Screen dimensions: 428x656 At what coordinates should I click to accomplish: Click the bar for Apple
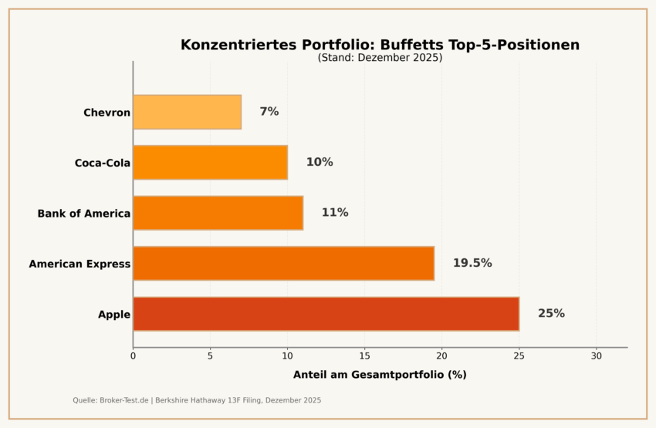point(326,314)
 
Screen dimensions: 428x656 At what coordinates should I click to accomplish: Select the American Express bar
point(283,264)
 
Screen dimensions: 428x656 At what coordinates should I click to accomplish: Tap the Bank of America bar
point(218,213)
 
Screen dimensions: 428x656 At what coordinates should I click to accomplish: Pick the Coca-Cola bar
point(210,163)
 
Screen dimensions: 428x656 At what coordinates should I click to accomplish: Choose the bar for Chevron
point(187,113)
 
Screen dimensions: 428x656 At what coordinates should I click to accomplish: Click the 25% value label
point(551,314)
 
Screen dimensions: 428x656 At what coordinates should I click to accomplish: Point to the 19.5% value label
point(472,264)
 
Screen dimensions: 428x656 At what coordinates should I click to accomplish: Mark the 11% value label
point(335,213)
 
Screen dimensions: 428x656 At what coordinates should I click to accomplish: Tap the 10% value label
point(320,163)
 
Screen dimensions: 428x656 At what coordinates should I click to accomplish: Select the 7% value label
point(269,112)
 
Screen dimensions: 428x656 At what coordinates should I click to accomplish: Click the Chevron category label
point(107,113)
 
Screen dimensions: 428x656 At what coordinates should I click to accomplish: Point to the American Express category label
point(79,265)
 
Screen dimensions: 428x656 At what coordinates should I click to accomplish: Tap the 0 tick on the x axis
point(133,356)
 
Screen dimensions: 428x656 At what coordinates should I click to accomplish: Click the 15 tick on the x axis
point(364,356)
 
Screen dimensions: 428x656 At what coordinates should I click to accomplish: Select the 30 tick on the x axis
point(596,356)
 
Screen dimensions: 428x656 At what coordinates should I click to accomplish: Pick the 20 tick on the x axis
point(441,356)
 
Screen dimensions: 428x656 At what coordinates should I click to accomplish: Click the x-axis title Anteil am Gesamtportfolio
point(380,375)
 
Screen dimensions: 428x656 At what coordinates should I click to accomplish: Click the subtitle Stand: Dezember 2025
point(380,58)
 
